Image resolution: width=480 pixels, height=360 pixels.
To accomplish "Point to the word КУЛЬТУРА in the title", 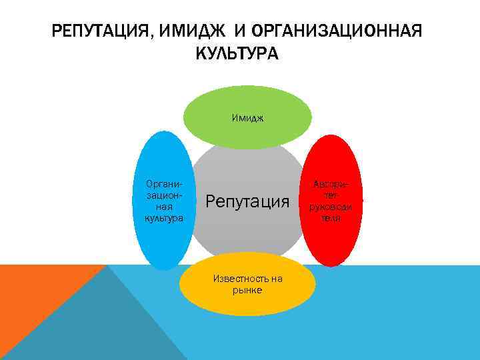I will point(238,53).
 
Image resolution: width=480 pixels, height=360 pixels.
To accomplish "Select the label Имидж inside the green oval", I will point(248,118).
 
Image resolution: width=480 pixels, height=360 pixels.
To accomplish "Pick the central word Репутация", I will point(248,200).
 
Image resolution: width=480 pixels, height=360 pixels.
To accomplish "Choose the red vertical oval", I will point(333,240).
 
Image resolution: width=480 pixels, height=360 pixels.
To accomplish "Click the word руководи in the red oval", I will point(331,207).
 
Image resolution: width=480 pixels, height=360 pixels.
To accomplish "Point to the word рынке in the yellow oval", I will point(248,290).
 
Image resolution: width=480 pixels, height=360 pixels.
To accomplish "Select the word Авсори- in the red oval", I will point(331,185).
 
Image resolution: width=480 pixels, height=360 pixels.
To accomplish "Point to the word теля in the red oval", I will point(331,219).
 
